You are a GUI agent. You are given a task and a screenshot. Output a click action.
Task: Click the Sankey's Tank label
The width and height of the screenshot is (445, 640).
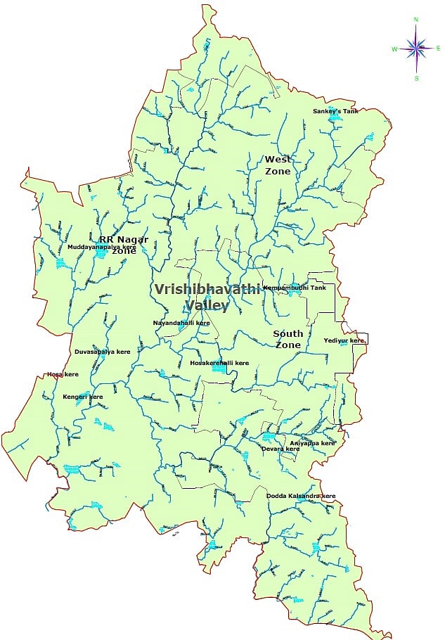pyautogui.click(x=335, y=111)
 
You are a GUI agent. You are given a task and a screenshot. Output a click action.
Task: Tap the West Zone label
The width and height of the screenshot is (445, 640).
pyautogui.click(x=278, y=165)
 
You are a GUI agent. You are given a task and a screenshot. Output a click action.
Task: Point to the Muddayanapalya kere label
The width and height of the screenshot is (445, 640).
pyautogui.click(x=101, y=248)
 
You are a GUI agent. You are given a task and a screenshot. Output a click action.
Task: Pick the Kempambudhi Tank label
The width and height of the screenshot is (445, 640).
pyautogui.click(x=295, y=288)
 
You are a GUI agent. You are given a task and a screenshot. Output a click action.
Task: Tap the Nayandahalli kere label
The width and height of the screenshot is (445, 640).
pyautogui.click(x=181, y=324)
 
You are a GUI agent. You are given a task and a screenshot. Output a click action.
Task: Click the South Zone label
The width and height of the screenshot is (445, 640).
pyautogui.click(x=288, y=339)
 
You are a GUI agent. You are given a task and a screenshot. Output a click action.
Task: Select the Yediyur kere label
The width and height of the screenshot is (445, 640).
pyautogui.click(x=344, y=340)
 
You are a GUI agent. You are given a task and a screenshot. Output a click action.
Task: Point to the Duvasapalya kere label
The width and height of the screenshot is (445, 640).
pyautogui.click(x=102, y=351)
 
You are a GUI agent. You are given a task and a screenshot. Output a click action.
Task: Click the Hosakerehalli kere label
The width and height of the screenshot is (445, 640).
pyautogui.click(x=219, y=363)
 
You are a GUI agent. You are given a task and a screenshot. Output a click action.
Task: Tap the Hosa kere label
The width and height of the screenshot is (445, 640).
pyautogui.click(x=63, y=375)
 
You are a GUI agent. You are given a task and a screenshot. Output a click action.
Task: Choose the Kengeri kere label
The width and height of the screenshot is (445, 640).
pyautogui.click(x=83, y=397)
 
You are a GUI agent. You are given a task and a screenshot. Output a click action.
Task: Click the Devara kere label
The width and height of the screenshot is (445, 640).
pyautogui.click(x=280, y=449)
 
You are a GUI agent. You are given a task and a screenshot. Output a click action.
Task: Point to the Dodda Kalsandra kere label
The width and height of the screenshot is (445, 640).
pyautogui.click(x=301, y=497)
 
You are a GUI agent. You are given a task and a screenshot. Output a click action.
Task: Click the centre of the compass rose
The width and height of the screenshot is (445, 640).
pyautogui.click(x=417, y=48)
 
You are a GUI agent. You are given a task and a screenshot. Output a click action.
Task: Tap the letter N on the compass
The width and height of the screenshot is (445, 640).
pyautogui.click(x=417, y=20)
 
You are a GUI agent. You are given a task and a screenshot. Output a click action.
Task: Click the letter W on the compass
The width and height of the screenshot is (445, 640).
pyautogui.click(x=394, y=49)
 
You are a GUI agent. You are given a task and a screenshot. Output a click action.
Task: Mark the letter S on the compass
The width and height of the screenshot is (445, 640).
pyautogui.click(x=417, y=77)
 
